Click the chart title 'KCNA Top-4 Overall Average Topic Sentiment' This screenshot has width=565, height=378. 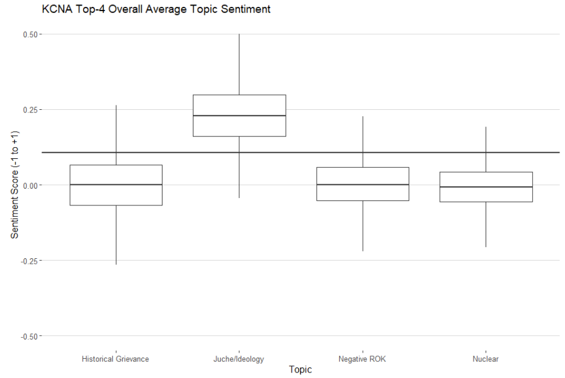156,9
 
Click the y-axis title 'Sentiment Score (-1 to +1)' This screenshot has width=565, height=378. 14,185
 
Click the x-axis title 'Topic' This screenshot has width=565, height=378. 300,369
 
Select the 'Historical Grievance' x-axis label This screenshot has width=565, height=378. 115,359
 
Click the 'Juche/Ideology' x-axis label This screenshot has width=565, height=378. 239,359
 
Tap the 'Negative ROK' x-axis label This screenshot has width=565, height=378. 362,359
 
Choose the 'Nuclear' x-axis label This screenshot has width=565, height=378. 486,359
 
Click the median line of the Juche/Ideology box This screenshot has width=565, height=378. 239,115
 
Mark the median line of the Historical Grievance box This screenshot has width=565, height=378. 116,184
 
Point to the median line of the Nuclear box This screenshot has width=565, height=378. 486,187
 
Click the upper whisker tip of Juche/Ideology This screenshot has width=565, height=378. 239,34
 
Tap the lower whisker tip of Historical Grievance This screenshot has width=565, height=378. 116,264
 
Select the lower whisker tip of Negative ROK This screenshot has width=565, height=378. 362,251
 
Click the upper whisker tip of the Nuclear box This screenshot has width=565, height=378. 486,127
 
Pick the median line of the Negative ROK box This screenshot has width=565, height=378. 362,184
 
